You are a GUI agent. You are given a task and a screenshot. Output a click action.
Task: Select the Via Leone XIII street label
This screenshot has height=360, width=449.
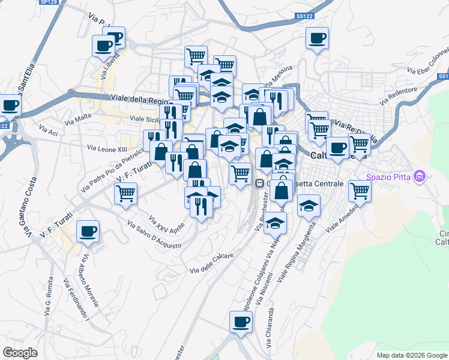(x=108, y=148)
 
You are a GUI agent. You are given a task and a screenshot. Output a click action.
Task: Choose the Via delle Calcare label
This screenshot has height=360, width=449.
(x=211, y=256)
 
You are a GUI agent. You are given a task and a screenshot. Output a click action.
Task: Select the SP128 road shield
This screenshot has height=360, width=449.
(x=49, y=2)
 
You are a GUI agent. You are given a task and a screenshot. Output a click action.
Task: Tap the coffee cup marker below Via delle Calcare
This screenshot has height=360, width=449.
(x=241, y=322)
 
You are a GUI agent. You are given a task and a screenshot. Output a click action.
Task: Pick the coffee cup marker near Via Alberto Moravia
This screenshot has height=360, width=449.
(x=88, y=231)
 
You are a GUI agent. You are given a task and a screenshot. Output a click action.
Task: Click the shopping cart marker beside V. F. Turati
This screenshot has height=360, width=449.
(x=126, y=193)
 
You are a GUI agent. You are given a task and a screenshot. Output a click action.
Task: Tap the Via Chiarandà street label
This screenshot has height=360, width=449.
(x=270, y=333)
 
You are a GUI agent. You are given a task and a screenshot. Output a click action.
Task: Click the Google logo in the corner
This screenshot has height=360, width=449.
(x=20, y=353)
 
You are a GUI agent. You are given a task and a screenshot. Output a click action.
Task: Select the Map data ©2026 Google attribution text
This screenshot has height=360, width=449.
(x=412, y=355)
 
